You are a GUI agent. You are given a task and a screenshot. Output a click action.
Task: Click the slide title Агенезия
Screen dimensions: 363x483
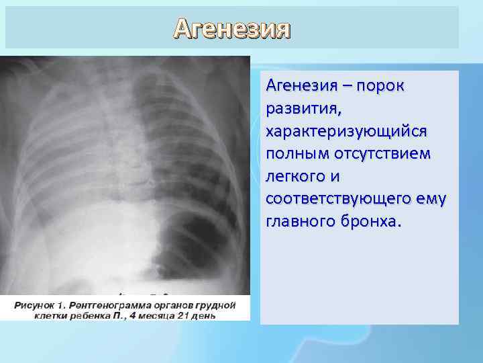point(232,28)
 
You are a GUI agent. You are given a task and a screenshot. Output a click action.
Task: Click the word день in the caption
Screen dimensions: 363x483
point(204,315)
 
